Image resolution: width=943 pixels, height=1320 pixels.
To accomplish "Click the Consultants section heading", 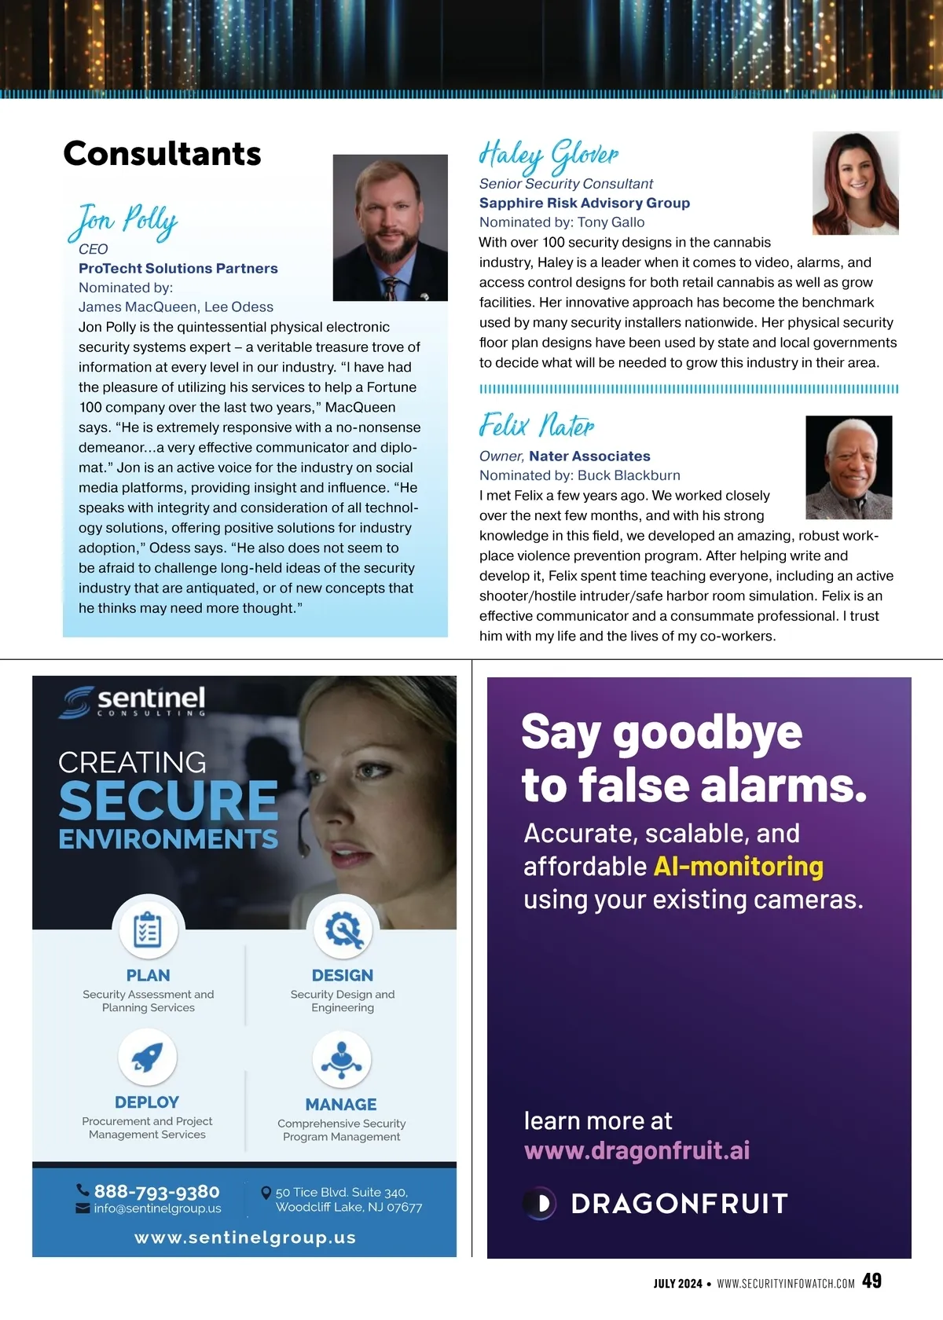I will (x=162, y=153).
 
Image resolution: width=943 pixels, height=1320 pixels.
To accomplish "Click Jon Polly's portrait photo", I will (x=390, y=228).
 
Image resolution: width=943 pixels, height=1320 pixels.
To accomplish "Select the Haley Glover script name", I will (x=549, y=155).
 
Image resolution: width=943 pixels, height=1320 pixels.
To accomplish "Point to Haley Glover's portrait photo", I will (x=855, y=183).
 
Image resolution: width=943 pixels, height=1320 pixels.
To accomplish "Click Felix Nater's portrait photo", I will (x=849, y=467).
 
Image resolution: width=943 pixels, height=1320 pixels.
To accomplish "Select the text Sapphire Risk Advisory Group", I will (x=585, y=203).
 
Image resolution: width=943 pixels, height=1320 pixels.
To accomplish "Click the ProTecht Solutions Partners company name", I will (x=178, y=268).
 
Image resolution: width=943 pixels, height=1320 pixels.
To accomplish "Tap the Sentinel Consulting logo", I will (x=132, y=701).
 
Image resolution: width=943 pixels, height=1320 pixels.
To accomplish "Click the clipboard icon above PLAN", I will (x=148, y=930).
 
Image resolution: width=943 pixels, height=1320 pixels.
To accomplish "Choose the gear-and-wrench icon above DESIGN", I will (x=343, y=929).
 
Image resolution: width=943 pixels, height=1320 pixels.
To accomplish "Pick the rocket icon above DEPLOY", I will (x=147, y=1058).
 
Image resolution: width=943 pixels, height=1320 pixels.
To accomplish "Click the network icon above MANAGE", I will (x=341, y=1059).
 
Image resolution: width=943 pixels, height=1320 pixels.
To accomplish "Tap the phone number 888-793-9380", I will (x=156, y=1191).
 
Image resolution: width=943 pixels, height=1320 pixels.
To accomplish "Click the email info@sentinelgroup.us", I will (x=157, y=1208).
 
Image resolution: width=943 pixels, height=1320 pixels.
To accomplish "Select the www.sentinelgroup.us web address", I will (x=245, y=1237).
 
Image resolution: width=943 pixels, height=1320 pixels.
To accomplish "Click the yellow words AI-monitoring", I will (x=739, y=866).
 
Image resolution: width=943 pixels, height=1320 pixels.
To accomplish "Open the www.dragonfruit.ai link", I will (x=637, y=1150).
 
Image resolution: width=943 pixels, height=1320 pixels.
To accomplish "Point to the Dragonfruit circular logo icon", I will (x=540, y=1203).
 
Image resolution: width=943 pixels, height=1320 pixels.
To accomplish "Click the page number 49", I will (x=871, y=1281).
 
